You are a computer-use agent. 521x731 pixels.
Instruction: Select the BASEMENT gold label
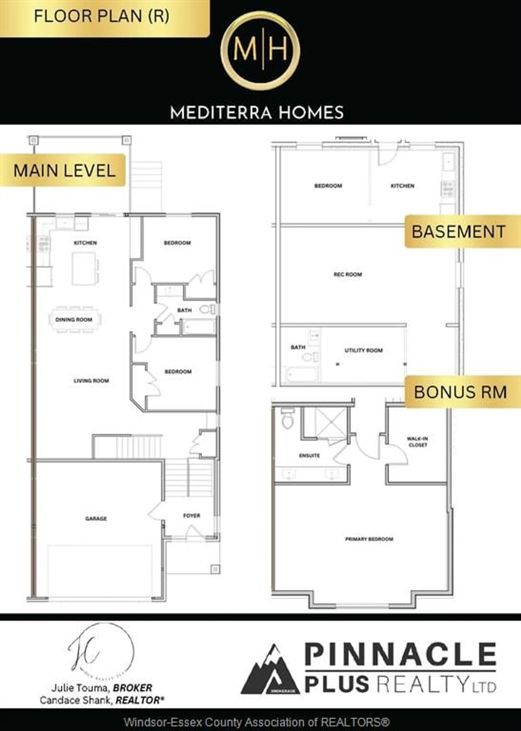tap(459, 231)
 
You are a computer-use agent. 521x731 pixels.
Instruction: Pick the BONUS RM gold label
tap(460, 392)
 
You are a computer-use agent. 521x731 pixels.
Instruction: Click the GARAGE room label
tap(96, 518)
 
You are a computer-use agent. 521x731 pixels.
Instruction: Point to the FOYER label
tap(192, 516)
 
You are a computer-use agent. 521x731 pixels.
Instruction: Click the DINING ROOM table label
tap(74, 320)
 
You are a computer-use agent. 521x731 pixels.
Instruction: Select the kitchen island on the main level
tap(83, 268)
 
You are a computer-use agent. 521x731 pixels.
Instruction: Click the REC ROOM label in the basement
tap(348, 274)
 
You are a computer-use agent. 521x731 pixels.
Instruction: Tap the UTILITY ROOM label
tap(363, 350)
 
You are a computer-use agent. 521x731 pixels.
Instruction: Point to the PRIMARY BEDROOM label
tap(369, 539)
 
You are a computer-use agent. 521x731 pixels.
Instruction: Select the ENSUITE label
tap(309, 455)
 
